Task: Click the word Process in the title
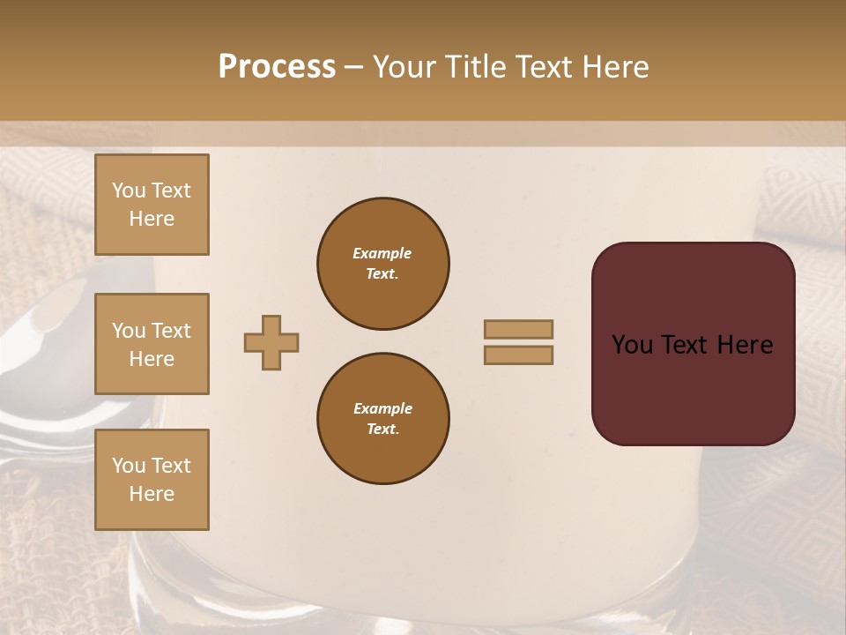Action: (x=277, y=66)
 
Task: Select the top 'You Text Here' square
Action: (x=152, y=205)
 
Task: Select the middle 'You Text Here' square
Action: (x=152, y=344)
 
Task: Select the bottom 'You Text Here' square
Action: (x=152, y=480)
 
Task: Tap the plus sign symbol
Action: (x=271, y=342)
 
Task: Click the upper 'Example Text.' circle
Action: (x=383, y=264)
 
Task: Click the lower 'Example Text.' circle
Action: (x=383, y=419)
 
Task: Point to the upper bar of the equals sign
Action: (x=519, y=329)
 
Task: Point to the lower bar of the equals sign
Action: (x=519, y=355)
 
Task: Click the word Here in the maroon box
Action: (x=745, y=345)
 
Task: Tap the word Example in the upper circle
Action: (x=382, y=253)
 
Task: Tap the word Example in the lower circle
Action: (x=382, y=408)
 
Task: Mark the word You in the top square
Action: (x=128, y=190)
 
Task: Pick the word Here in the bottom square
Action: (x=152, y=494)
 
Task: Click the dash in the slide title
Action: (x=353, y=67)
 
